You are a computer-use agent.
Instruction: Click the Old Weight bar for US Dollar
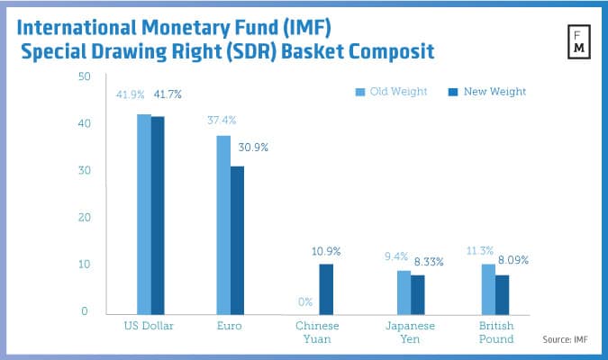coord(144,214)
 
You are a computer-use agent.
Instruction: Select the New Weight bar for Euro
coord(237,239)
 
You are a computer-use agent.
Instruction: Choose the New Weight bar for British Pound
coord(502,294)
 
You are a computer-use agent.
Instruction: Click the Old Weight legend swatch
coord(359,92)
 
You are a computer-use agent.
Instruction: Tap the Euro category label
coord(229,326)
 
